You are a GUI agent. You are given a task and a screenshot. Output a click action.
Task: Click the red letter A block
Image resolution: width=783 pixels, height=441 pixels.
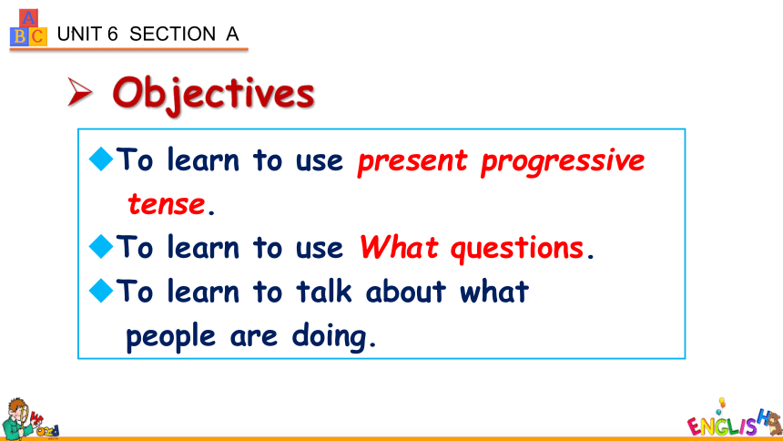[x=28, y=18]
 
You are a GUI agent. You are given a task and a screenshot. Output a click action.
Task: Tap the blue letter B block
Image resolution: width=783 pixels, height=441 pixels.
[x=19, y=36]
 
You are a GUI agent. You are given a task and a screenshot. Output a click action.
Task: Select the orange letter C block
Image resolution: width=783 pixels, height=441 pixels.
[x=37, y=36]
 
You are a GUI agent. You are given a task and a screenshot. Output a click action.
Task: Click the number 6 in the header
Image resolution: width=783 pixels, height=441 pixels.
[x=112, y=34]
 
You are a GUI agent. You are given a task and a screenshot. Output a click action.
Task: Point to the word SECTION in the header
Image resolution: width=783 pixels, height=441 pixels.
[x=172, y=34]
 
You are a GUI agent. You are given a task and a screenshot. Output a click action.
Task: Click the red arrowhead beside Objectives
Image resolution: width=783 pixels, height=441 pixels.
[x=80, y=92]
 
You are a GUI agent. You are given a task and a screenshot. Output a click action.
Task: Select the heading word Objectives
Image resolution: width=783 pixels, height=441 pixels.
[x=213, y=95]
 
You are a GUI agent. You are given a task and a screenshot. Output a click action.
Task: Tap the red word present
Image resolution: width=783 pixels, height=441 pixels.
[x=412, y=162]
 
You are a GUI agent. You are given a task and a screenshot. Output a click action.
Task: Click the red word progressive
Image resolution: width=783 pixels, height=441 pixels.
[x=563, y=162]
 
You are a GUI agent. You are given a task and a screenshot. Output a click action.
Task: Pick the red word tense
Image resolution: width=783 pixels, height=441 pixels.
[x=167, y=204]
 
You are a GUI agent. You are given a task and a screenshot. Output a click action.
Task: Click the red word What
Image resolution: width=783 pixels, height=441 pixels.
[x=399, y=247]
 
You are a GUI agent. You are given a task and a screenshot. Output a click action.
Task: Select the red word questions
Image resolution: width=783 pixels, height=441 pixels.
[x=517, y=248]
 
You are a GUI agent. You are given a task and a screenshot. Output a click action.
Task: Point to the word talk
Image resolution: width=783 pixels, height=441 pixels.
[x=324, y=291]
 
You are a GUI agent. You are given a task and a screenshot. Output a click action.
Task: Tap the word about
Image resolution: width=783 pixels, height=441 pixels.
[x=405, y=291]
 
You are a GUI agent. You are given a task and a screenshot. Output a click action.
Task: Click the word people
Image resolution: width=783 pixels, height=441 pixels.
[x=170, y=337]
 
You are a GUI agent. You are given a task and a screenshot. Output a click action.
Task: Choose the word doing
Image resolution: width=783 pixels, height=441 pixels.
[x=330, y=336]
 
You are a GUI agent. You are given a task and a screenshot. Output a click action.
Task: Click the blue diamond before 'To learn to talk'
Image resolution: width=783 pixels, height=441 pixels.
[x=101, y=291]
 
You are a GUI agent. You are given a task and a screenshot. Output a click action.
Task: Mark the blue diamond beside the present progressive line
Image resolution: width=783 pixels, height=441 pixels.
[x=101, y=159]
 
